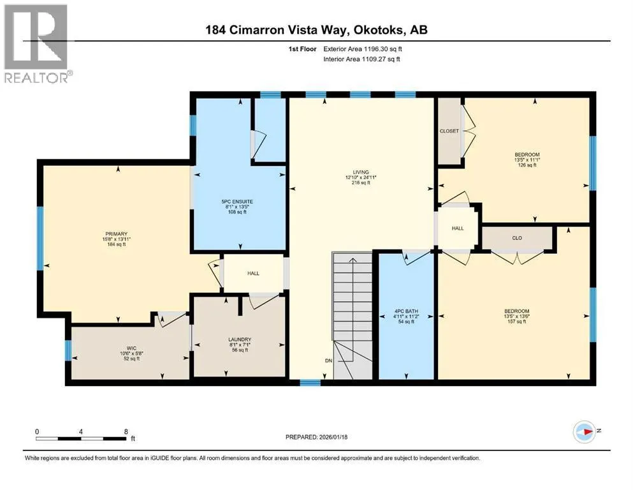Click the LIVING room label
coord(361,172)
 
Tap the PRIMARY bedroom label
coord(116,234)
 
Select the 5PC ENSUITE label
coord(237,202)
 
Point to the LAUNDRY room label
coord(240,339)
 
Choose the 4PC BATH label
coord(406,311)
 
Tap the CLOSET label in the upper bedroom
coord(449,131)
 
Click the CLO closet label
coord(517,238)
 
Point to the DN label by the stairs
coord(328,360)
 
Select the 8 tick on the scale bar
coord(126,431)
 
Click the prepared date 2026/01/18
coord(333,437)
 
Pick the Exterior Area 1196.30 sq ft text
coord(363,49)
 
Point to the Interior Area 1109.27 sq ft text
coord(361,59)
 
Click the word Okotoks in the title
coord(378,30)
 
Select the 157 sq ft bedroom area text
coord(517,322)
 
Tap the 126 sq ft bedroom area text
coord(527,165)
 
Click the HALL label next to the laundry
coord(253,274)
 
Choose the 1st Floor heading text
coord(302,49)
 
